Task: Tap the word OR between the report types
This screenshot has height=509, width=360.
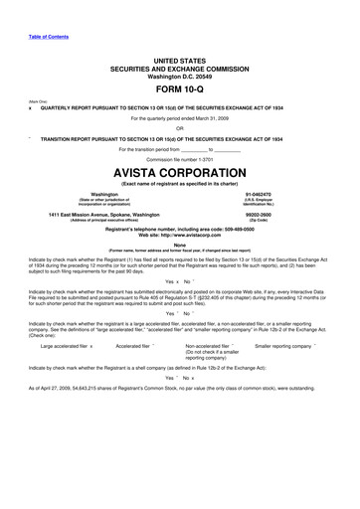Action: pos(180,128)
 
